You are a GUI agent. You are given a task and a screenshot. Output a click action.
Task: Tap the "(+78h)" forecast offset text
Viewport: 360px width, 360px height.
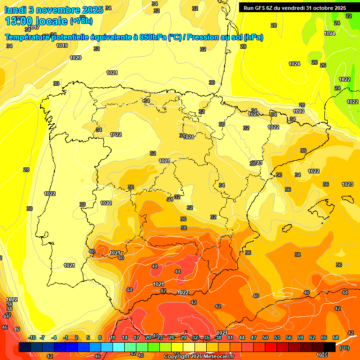tap(81, 21)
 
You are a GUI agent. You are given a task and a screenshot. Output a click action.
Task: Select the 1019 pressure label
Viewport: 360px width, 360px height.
tap(62, 45)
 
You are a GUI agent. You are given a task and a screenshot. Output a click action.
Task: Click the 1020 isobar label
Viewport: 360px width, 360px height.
tap(75, 58)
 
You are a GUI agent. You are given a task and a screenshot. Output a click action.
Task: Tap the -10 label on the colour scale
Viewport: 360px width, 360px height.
tap(32, 337)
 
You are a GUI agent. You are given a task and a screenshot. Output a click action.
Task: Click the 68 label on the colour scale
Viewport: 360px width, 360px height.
tap(336, 337)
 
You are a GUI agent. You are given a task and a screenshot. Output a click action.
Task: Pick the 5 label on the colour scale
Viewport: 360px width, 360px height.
tap(88, 337)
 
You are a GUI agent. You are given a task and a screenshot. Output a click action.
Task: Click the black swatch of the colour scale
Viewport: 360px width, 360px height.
tap(330, 347)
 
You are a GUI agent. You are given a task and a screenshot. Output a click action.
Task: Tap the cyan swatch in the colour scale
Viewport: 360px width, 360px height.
tap(119, 347)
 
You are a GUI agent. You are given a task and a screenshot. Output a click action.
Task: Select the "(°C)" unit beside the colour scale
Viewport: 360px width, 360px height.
tap(344, 347)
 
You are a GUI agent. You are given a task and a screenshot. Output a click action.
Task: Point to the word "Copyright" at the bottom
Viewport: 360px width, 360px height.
tap(178, 356)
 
